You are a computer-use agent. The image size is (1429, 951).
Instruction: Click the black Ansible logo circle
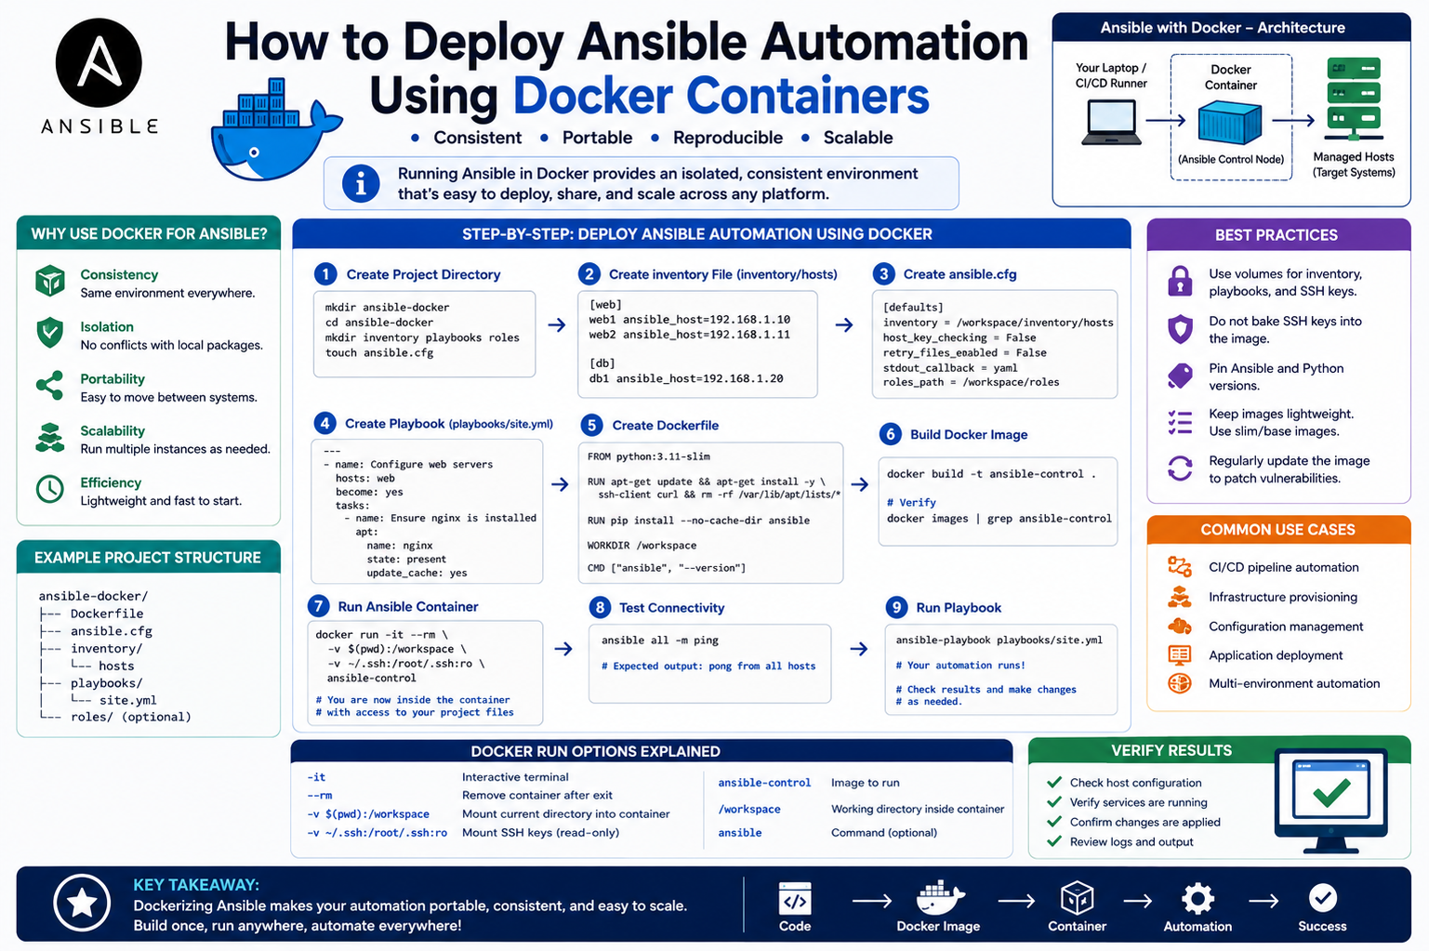pyautogui.click(x=99, y=62)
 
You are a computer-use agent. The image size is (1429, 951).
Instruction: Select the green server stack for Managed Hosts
pyautogui.click(x=1354, y=99)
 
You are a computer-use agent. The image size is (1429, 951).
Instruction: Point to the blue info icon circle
pyautogui.click(x=361, y=184)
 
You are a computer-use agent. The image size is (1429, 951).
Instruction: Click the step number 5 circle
pyautogui.click(x=591, y=426)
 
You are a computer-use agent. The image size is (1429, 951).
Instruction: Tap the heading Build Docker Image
pyautogui.click(x=969, y=434)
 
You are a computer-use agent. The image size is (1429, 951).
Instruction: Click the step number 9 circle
pyautogui.click(x=896, y=607)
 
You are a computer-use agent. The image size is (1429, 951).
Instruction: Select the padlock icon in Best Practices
pyautogui.click(x=1180, y=281)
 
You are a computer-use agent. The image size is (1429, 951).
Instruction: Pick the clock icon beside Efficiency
pyautogui.click(x=50, y=489)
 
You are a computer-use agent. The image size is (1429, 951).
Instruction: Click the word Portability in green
pyautogui.click(x=112, y=379)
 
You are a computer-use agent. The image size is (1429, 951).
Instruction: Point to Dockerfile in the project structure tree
pyautogui.click(x=107, y=614)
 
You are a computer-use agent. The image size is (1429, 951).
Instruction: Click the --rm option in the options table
pyautogui.click(x=320, y=796)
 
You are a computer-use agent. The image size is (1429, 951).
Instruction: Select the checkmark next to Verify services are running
pyautogui.click(x=1054, y=801)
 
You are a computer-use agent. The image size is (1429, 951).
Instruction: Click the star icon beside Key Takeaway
pyautogui.click(x=82, y=904)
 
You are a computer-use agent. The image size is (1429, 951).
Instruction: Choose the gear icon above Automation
pyautogui.click(x=1197, y=899)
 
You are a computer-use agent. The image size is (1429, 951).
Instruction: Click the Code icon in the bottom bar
pyautogui.click(x=795, y=899)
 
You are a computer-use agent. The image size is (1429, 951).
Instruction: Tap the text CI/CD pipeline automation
pyautogui.click(x=1284, y=567)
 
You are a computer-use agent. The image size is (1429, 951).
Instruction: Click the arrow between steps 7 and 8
pyautogui.click(x=563, y=649)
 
